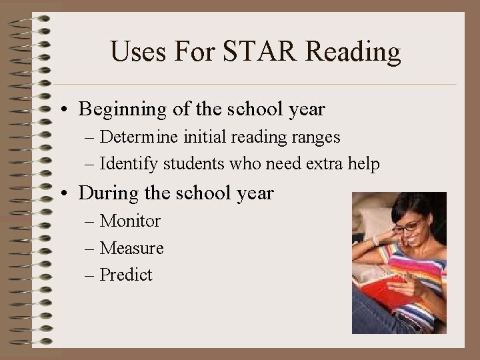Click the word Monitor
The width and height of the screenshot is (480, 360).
point(130,221)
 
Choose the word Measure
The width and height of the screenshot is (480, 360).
point(131,248)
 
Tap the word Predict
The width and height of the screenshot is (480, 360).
point(126,275)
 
